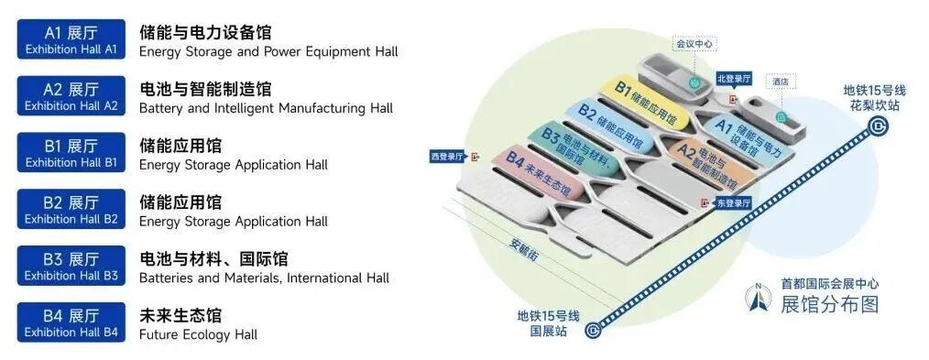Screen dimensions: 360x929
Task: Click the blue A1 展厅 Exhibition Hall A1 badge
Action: pyautogui.click(x=71, y=39)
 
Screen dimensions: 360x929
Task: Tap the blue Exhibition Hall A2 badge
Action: pyautogui.click(x=71, y=96)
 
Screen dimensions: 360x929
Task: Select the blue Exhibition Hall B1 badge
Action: pyautogui.click(x=71, y=153)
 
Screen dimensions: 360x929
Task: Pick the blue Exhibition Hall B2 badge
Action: pyautogui.click(x=71, y=210)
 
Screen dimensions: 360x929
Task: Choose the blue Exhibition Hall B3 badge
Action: pyautogui.click(x=71, y=267)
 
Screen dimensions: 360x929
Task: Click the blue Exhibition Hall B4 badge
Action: pyautogui.click(x=71, y=323)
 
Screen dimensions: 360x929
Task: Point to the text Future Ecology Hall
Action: pyautogui.click(x=198, y=334)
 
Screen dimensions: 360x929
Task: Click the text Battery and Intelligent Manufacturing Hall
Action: pyautogui.click(x=266, y=108)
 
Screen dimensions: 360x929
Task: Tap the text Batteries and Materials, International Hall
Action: pyautogui.click(x=264, y=278)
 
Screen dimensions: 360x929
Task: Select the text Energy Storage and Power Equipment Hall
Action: pyautogui.click(x=268, y=51)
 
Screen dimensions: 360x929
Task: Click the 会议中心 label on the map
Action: pyautogui.click(x=694, y=43)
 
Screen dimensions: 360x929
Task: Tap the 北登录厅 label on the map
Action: pyautogui.click(x=735, y=79)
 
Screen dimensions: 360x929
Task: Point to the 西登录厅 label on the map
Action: pyautogui.click(x=449, y=157)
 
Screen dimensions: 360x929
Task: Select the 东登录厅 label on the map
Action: pyautogui.click(x=733, y=202)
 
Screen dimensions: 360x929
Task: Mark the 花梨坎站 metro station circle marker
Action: pyautogui.click(x=879, y=127)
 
